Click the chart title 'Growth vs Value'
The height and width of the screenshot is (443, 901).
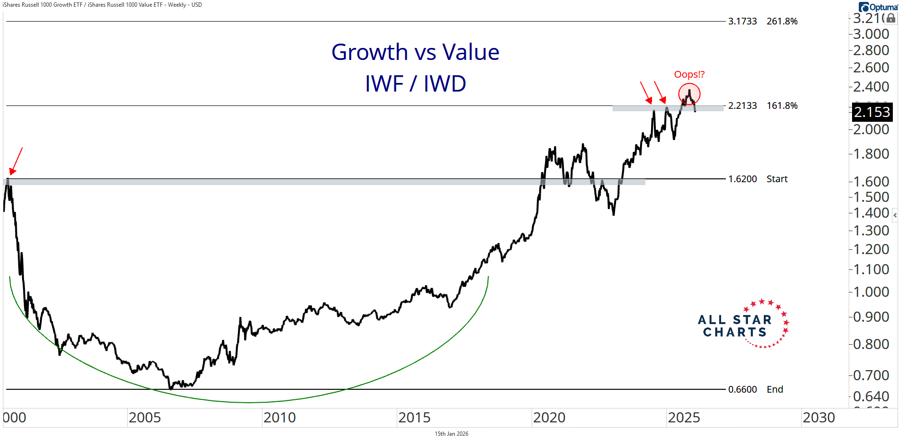(x=415, y=52)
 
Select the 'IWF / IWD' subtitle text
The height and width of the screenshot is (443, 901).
(x=415, y=84)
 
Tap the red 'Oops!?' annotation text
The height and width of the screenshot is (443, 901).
(x=689, y=74)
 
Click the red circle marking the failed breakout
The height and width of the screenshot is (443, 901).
(x=689, y=94)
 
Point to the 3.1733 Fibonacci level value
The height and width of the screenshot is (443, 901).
(x=742, y=22)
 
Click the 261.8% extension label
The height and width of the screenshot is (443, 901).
(x=782, y=22)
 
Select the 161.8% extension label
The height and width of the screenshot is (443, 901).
(x=782, y=106)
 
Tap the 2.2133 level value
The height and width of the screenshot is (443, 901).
(x=742, y=106)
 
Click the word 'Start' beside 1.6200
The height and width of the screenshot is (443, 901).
(x=777, y=179)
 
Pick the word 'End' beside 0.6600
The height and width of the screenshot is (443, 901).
(x=774, y=390)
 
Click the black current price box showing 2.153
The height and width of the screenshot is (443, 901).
(x=872, y=112)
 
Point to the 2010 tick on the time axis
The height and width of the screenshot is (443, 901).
(x=279, y=418)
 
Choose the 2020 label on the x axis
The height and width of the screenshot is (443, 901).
(x=549, y=418)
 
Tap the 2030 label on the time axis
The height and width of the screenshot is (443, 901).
(x=818, y=418)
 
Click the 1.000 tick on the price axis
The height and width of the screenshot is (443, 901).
(x=871, y=292)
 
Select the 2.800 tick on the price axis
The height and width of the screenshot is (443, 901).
(x=871, y=50)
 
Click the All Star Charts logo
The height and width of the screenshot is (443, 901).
(x=743, y=325)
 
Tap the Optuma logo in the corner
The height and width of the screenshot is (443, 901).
(x=878, y=7)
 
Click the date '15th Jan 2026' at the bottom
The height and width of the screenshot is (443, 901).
(x=451, y=434)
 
